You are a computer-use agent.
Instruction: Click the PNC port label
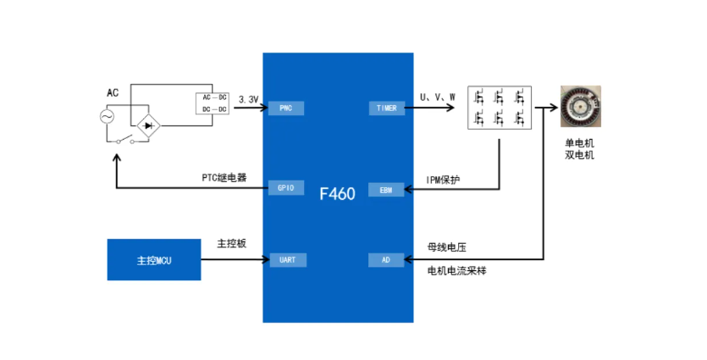point(285,108)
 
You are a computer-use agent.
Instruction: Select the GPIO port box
point(285,188)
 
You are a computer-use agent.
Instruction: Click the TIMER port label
point(386,108)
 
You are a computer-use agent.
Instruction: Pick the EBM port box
point(386,191)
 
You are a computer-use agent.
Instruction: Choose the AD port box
point(386,260)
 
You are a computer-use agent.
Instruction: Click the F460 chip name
point(337,192)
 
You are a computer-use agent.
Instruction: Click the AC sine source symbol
point(108,117)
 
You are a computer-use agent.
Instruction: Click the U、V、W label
point(438,97)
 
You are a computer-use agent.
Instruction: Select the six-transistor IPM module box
point(500,108)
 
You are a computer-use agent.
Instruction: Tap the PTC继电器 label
point(224,177)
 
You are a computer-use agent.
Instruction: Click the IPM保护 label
point(444,180)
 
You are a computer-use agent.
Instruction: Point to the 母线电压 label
point(446,248)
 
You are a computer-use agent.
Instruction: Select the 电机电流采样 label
point(457,270)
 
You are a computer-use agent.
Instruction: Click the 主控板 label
point(231,243)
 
